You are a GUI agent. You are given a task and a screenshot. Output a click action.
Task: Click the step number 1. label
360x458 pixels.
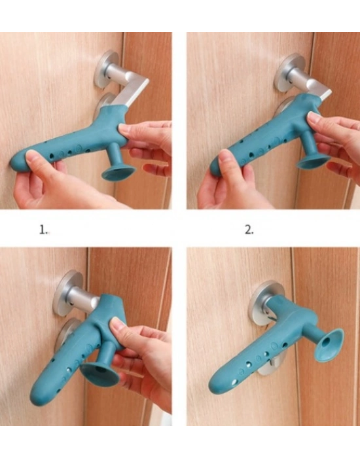point(43,230)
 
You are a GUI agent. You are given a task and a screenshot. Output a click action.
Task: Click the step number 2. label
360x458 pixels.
point(249,230)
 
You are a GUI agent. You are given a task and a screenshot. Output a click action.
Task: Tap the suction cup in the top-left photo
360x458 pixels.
point(118,173)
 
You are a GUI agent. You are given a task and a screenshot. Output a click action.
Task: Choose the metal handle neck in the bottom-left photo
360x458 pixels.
point(82,297)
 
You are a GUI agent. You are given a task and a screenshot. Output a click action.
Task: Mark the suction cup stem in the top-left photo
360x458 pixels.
point(116,155)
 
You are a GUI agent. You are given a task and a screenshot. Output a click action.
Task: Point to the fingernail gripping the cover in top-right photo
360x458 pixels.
point(314,118)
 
